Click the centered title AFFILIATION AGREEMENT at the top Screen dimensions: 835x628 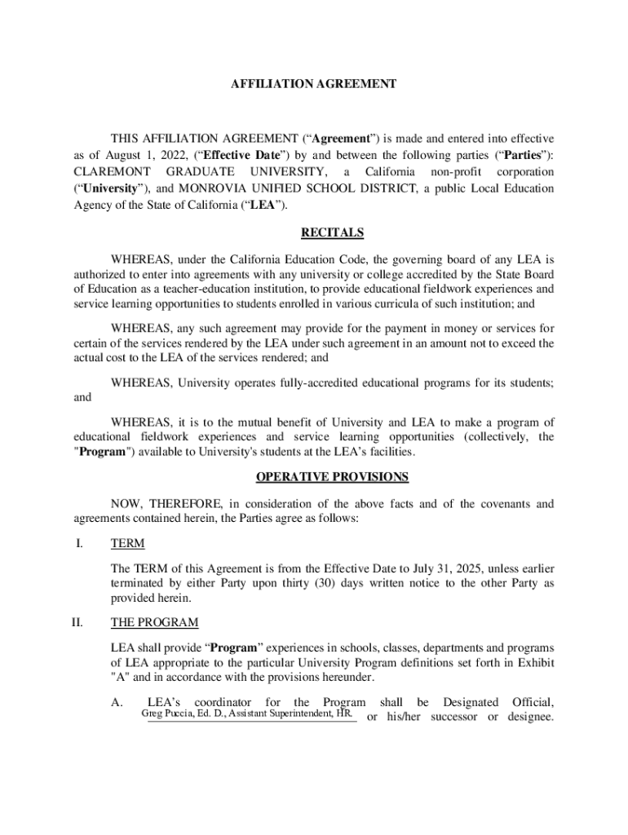pyautogui.click(x=314, y=84)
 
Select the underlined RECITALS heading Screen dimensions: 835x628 pyautogui.click(x=332, y=233)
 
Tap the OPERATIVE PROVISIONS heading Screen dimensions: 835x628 pyautogui.click(x=332, y=476)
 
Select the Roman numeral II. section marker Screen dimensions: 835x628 pyautogui.click(x=77, y=623)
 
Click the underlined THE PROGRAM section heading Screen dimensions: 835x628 pyautogui.click(x=154, y=623)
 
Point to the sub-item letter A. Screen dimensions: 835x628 pyautogui.click(x=117, y=703)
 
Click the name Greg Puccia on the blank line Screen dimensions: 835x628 pyautogui.click(x=166, y=715)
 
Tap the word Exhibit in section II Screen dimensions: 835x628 pyautogui.click(x=533, y=662)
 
